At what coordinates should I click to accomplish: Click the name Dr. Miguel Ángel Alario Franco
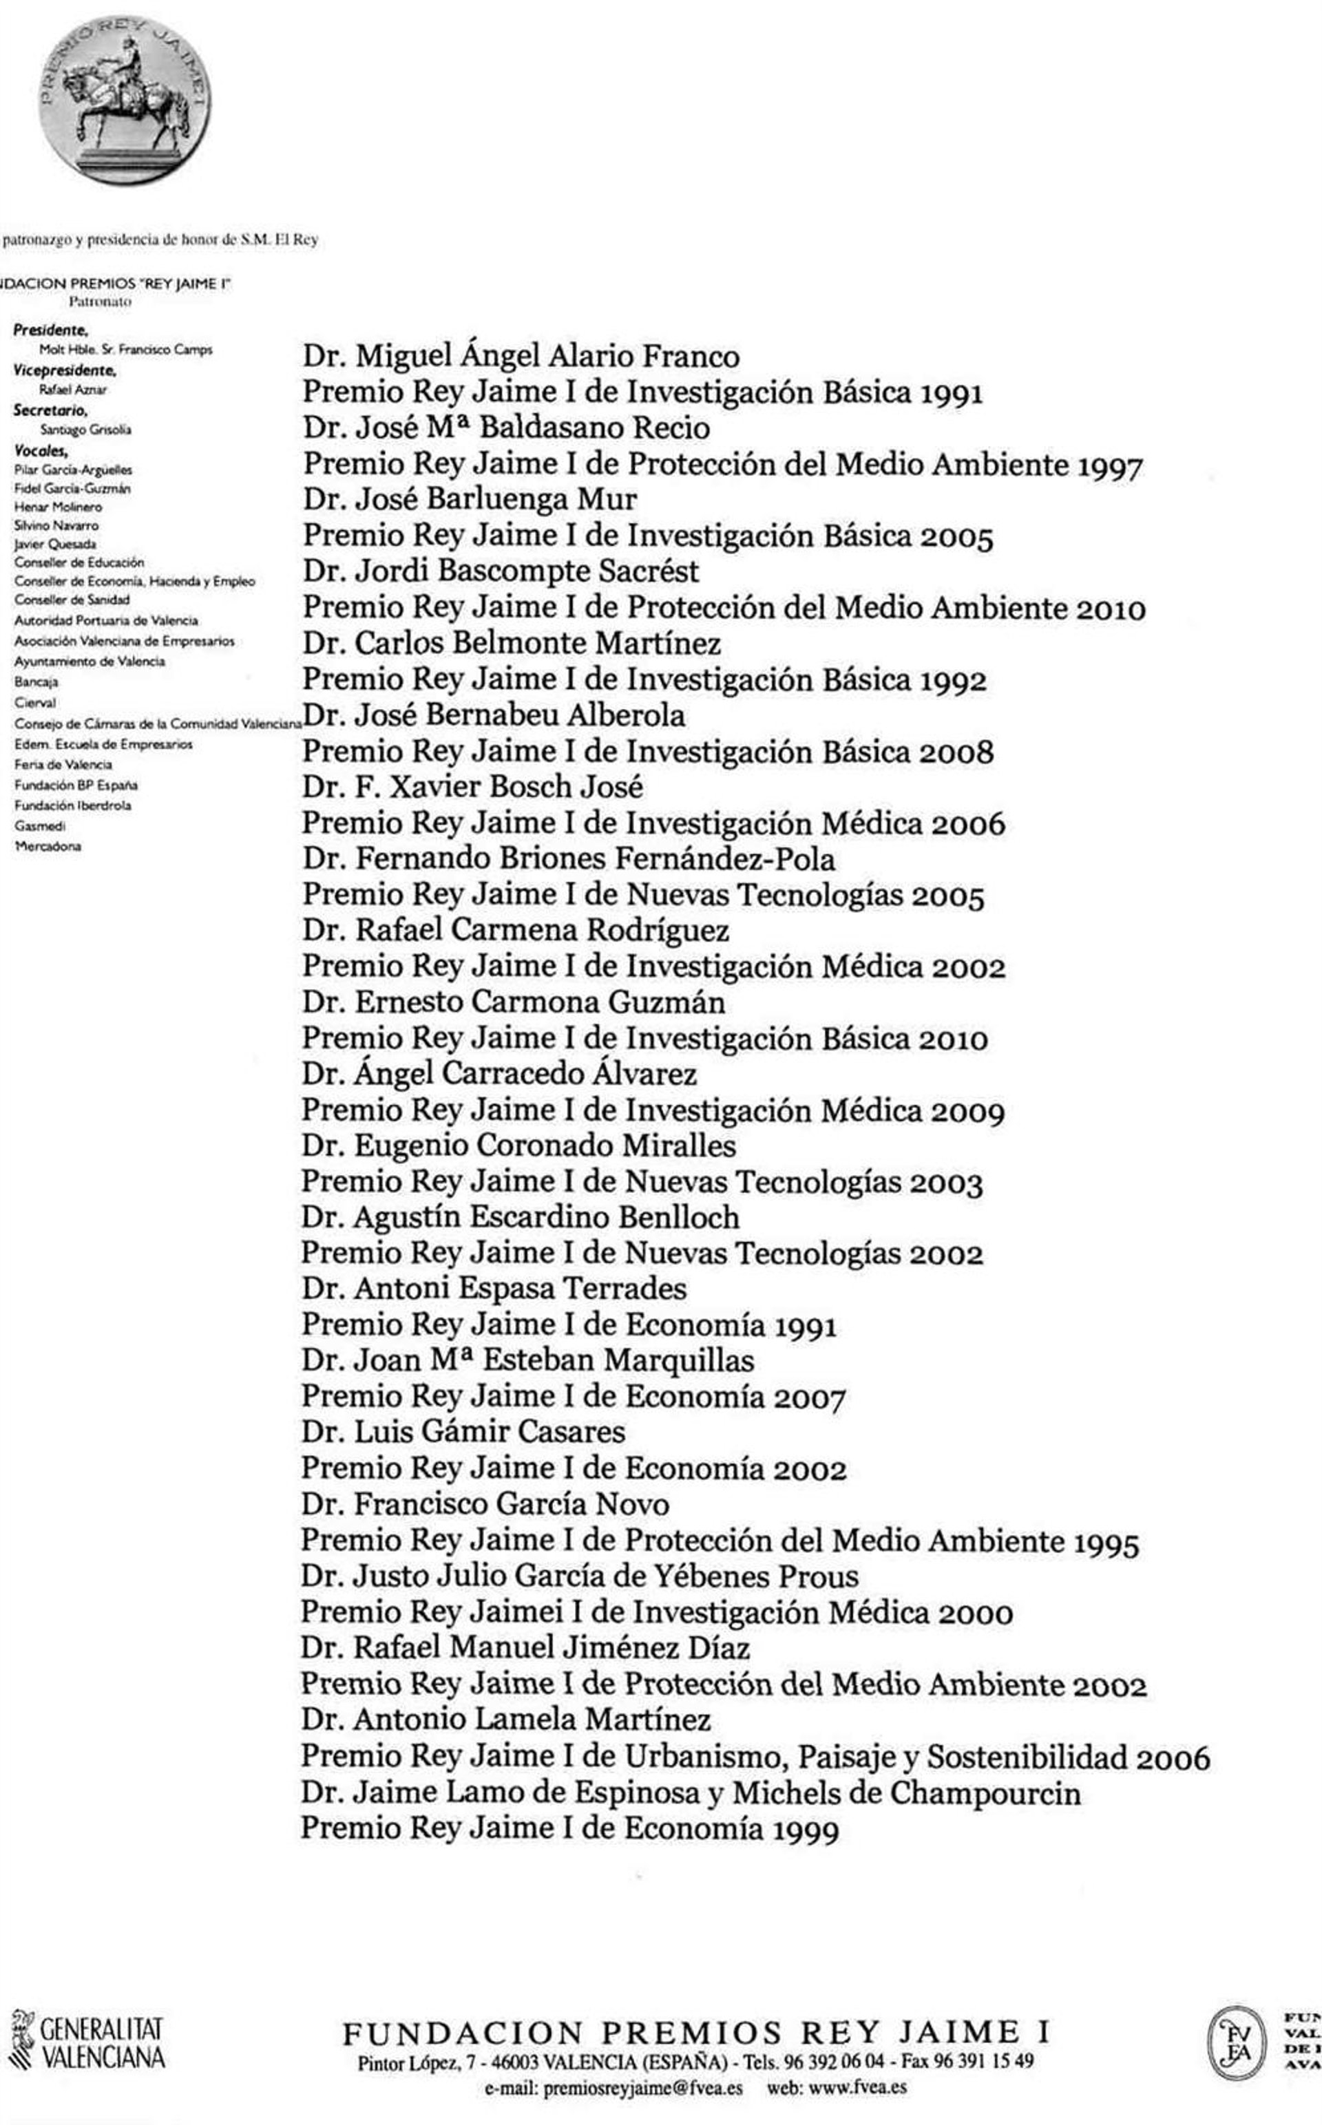coord(521,357)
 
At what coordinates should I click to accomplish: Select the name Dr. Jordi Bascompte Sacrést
coord(501,571)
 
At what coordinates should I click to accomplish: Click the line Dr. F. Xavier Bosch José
coord(473,787)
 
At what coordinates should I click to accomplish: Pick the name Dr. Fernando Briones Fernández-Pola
coord(568,859)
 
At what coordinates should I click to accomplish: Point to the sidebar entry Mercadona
coord(48,846)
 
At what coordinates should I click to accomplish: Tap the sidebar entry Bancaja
coord(36,681)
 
